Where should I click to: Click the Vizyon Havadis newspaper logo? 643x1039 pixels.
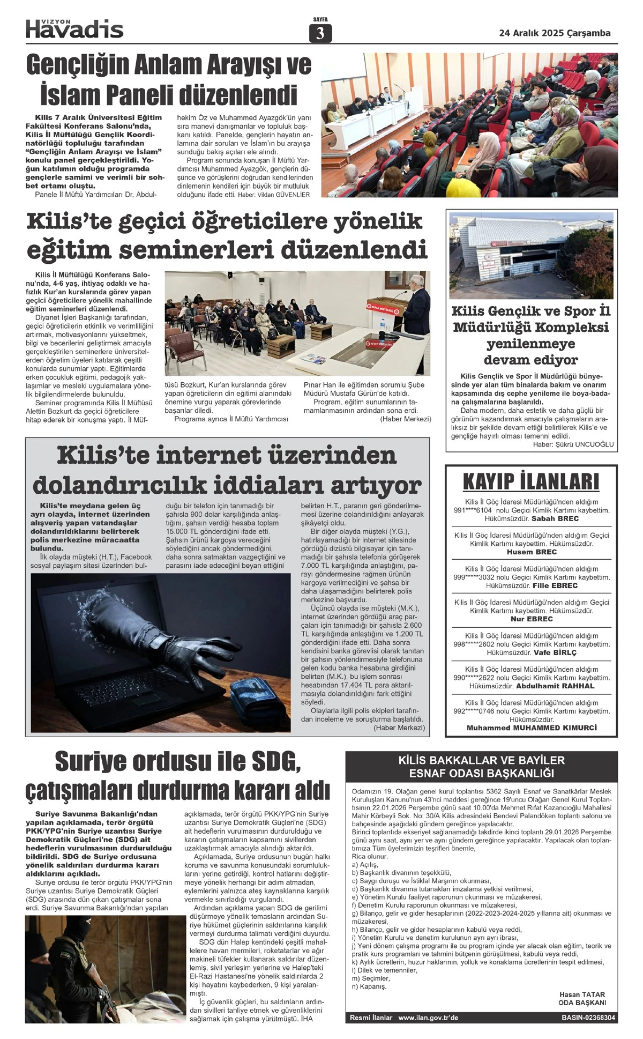click(x=74, y=28)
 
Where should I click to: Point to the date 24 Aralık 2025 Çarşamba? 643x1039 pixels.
click(x=555, y=33)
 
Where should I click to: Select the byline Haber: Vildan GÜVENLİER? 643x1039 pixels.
click(x=274, y=195)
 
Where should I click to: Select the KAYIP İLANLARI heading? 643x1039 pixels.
click(x=530, y=481)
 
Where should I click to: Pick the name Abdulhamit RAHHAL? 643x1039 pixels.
click(x=555, y=686)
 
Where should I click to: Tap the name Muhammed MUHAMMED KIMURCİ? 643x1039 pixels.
click(x=532, y=728)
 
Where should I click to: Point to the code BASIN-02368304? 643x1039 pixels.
click(x=588, y=1018)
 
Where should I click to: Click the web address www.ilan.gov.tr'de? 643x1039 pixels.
click(x=428, y=1018)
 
